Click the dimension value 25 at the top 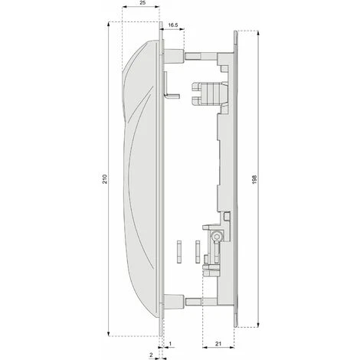143,3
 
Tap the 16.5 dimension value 173,25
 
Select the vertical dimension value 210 105,179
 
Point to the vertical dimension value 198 254,179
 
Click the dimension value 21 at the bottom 218,344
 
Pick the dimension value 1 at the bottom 170,344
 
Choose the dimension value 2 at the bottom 151,355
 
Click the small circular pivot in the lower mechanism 217,237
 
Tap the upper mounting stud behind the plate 174,56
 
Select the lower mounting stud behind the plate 174,302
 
